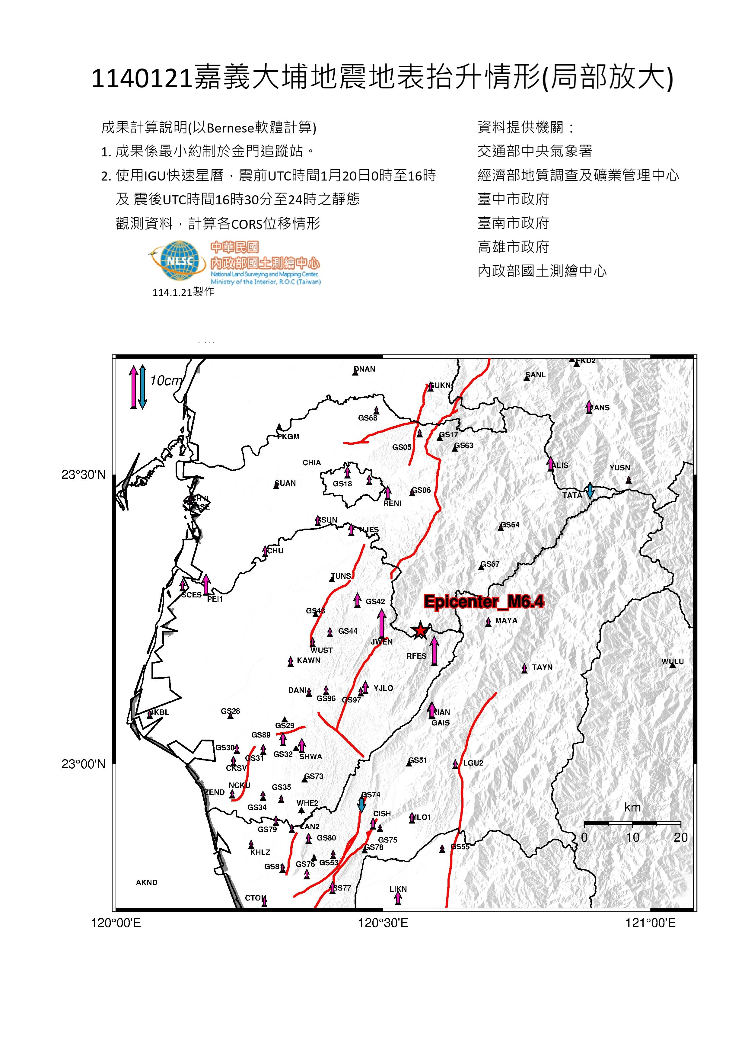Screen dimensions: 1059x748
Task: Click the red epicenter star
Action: tap(419, 630)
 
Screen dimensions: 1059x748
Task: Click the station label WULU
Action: tap(673, 661)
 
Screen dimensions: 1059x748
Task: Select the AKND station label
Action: tap(147, 882)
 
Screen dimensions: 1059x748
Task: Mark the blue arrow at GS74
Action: tap(362, 805)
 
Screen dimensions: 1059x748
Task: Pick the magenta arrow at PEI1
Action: tap(206, 584)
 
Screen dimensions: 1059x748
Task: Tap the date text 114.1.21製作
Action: tap(183, 292)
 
